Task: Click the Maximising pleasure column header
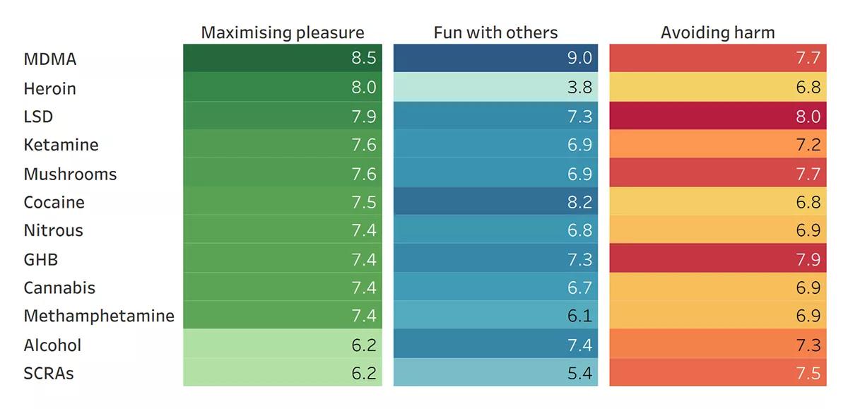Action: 283,32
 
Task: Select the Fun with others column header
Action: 495,32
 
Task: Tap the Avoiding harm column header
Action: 717,32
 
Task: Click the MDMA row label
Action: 49,59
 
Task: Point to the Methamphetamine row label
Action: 99,316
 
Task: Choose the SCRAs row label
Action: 49,373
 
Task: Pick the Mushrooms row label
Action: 70,174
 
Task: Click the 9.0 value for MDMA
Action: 579,59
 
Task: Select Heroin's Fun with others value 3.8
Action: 579,88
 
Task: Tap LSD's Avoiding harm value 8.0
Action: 808,117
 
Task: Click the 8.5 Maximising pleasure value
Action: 363,59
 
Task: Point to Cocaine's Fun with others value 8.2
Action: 579,202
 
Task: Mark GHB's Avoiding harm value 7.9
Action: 808,259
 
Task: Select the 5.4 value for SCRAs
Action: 579,373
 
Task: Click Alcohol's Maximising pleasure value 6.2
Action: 363,345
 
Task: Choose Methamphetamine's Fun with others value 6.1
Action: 579,316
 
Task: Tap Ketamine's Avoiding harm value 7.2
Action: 808,145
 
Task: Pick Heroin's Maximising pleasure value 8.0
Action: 363,88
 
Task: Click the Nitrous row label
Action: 53,230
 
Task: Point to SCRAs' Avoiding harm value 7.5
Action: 808,373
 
